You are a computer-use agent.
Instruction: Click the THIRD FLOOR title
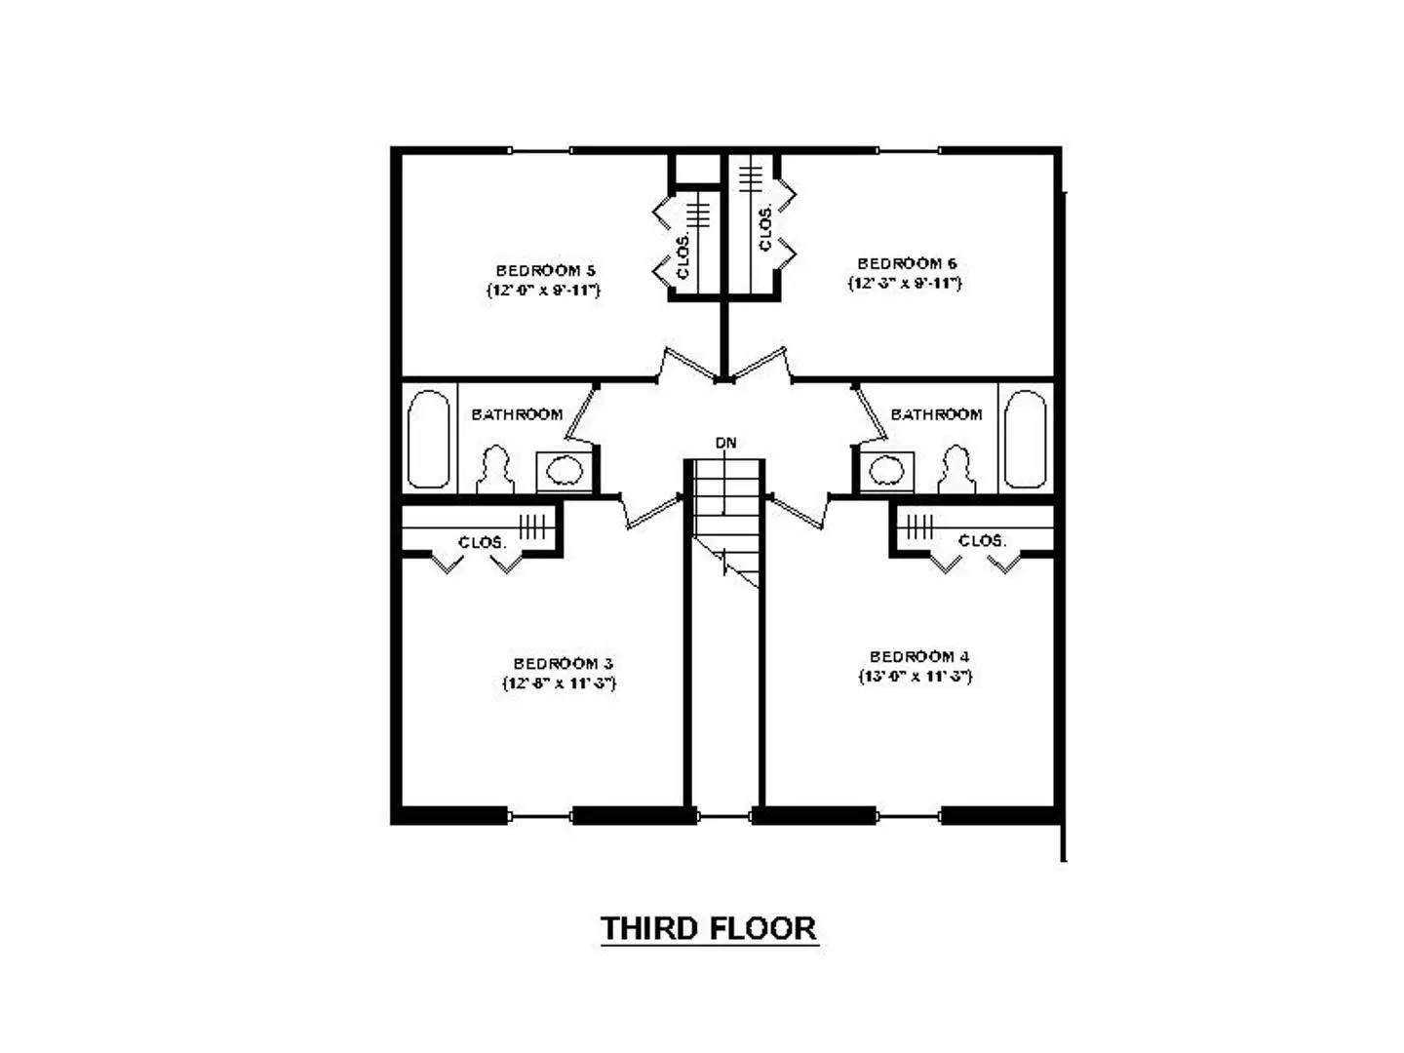(x=709, y=928)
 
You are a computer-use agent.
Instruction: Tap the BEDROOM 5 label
(x=545, y=270)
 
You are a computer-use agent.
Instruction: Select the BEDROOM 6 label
(x=907, y=263)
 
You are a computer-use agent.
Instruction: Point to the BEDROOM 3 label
(x=563, y=664)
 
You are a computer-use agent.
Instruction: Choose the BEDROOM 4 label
(x=919, y=657)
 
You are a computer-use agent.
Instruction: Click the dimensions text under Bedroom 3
(x=559, y=683)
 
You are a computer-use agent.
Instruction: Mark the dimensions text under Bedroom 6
(x=905, y=284)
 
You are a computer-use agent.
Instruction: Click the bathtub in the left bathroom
(x=429, y=439)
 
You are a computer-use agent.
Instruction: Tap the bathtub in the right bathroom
(x=1025, y=439)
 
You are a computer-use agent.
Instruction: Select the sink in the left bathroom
(x=565, y=472)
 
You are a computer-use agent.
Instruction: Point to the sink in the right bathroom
(x=886, y=471)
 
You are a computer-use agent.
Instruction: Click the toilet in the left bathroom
(x=495, y=469)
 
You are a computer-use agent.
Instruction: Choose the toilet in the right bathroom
(x=956, y=469)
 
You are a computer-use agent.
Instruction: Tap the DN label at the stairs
(x=726, y=444)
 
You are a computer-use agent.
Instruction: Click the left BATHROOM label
(x=517, y=414)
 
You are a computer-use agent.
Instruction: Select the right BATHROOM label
(x=936, y=414)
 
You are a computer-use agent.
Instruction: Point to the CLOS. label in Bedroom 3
(x=482, y=542)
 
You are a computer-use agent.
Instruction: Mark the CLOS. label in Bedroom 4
(x=981, y=540)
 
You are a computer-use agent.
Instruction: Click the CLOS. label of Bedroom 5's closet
(x=683, y=254)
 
